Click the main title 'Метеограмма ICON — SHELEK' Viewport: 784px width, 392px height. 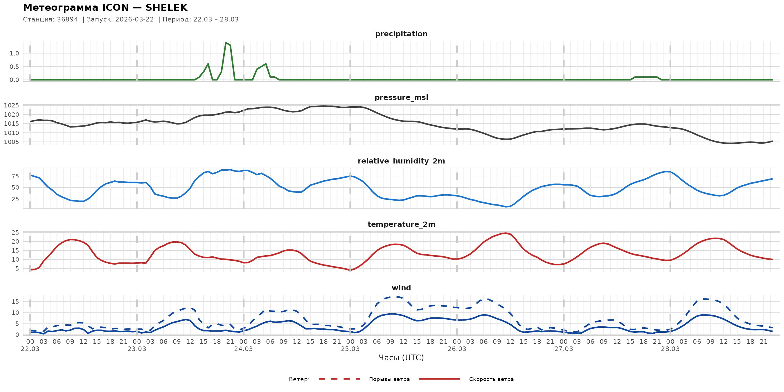[105, 8]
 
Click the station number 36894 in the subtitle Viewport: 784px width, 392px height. [67, 19]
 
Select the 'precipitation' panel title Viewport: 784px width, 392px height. [401, 34]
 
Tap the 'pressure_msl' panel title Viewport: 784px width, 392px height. [401, 97]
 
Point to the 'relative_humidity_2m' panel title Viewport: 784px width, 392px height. [401, 161]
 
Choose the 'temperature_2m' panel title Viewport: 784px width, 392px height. [401, 224]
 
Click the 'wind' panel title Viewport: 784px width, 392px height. [401, 288]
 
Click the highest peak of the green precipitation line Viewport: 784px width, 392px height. [226, 43]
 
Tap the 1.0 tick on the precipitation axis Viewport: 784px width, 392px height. [14, 53]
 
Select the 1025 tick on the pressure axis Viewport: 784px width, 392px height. [12, 106]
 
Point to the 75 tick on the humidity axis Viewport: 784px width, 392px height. [15, 176]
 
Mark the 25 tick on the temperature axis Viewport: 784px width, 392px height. [15, 233]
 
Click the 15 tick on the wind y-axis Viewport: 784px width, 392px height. [15, 302]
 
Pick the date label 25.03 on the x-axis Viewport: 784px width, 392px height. [350, 349]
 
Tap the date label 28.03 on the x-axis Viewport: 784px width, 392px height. [670, 349]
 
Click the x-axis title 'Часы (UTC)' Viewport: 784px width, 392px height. [401, 358]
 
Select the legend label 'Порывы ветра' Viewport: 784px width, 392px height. [389, 379]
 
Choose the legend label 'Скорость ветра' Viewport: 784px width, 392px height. [491, 379]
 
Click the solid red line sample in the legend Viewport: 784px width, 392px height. [440, 379]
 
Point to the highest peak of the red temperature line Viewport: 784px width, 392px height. [506, 233]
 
